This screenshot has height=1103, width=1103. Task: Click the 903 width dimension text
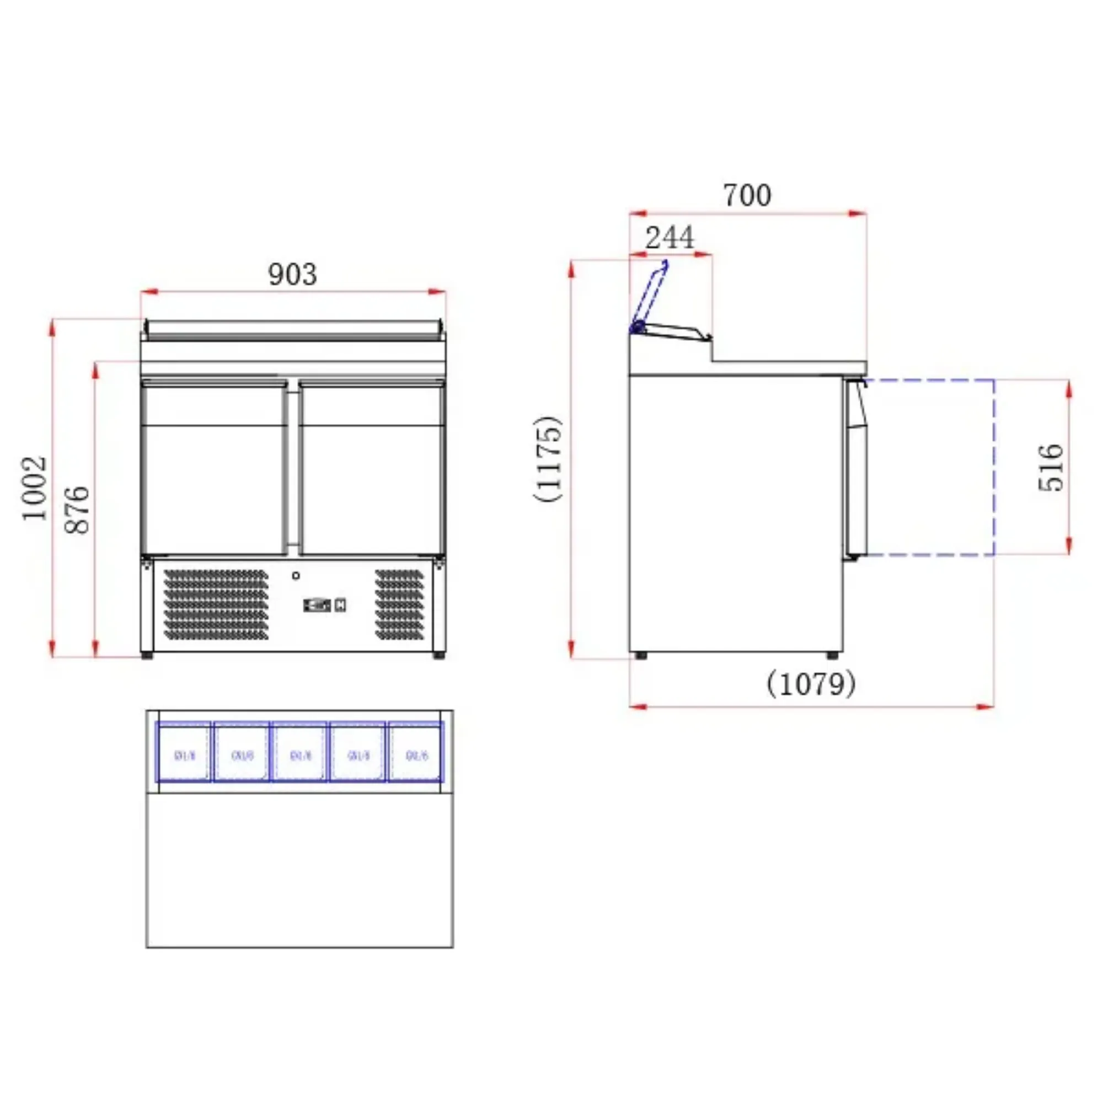pyautogui.click(x=292, y=275)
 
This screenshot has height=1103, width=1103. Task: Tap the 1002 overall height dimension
pyautogui.click(x=34, y=488)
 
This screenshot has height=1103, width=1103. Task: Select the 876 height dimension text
pyautogui.click(x=77, y=510)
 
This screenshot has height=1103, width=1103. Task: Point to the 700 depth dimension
pyautogui.click(x=747, y=195)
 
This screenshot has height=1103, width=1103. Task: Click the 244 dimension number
pyautogui.click(x=670, y=238)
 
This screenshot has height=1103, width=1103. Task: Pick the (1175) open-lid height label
pyautogui.click(x=548, y=459)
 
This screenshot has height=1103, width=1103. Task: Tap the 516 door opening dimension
pyautogui.click(x=1051, y=467)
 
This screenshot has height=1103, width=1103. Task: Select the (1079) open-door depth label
pyautogui.click(x=811, y=683)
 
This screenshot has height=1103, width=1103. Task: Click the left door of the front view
pyautogui.click(x=213, y=468)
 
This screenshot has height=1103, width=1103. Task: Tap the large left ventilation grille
pyautogui.click(x=216, y=604)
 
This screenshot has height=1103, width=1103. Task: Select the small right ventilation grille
pyautogui.click(x=400, y=604)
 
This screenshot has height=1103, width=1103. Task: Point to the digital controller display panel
pyautogui.click(x=318, y=604)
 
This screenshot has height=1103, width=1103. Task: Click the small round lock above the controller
pyautogui.click(x=296, y=575)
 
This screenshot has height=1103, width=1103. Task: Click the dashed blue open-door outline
pyautogui.click(x=993, y=467)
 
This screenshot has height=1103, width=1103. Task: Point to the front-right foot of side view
pyautogui.click(x=833, y=656)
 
